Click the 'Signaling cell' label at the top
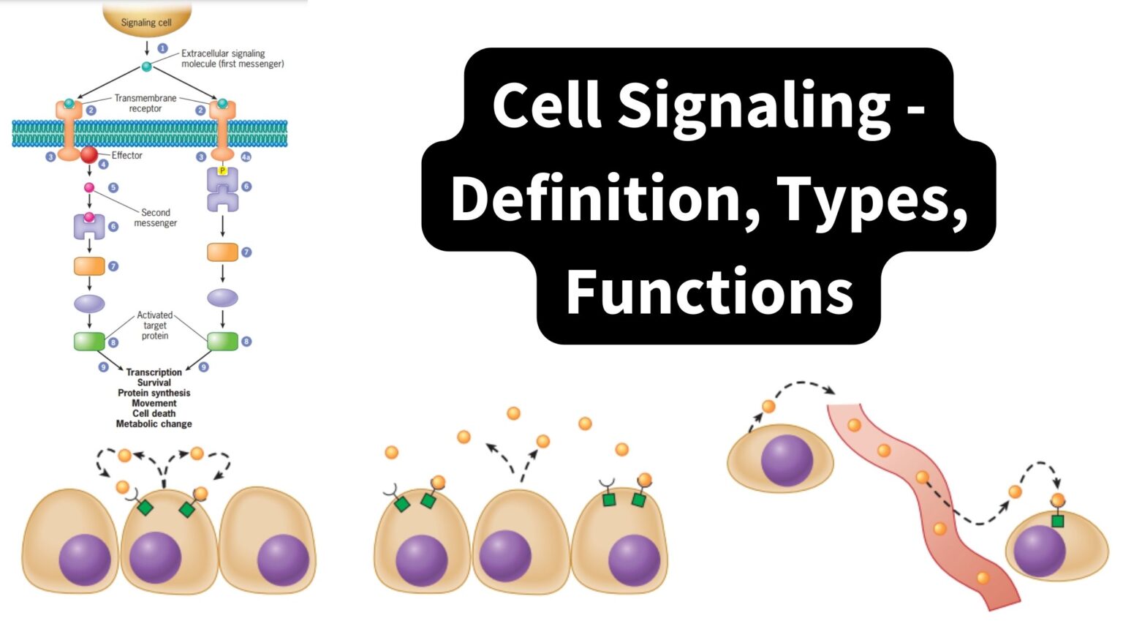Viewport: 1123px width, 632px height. coord(146,23)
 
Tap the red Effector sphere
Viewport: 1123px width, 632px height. coord(89,154)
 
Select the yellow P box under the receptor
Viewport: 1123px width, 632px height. coord(222,170)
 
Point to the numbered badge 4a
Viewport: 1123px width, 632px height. coord(246,157)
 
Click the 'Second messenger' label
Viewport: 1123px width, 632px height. coord(155,218)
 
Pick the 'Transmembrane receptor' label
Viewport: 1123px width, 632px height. coord(145,103)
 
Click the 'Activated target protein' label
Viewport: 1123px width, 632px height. coord(154,326)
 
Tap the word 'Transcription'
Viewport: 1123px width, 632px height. coord(154,372)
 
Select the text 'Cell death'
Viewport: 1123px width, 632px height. coord(154,413)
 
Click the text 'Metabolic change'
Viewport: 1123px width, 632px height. coord(154,424)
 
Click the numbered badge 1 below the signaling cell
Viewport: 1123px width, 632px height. coord(162,48)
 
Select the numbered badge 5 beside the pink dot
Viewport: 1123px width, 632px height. coord(113,188)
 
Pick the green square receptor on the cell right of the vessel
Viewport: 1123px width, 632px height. coord(1057,522)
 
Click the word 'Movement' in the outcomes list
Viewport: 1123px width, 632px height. coord(154,403)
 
